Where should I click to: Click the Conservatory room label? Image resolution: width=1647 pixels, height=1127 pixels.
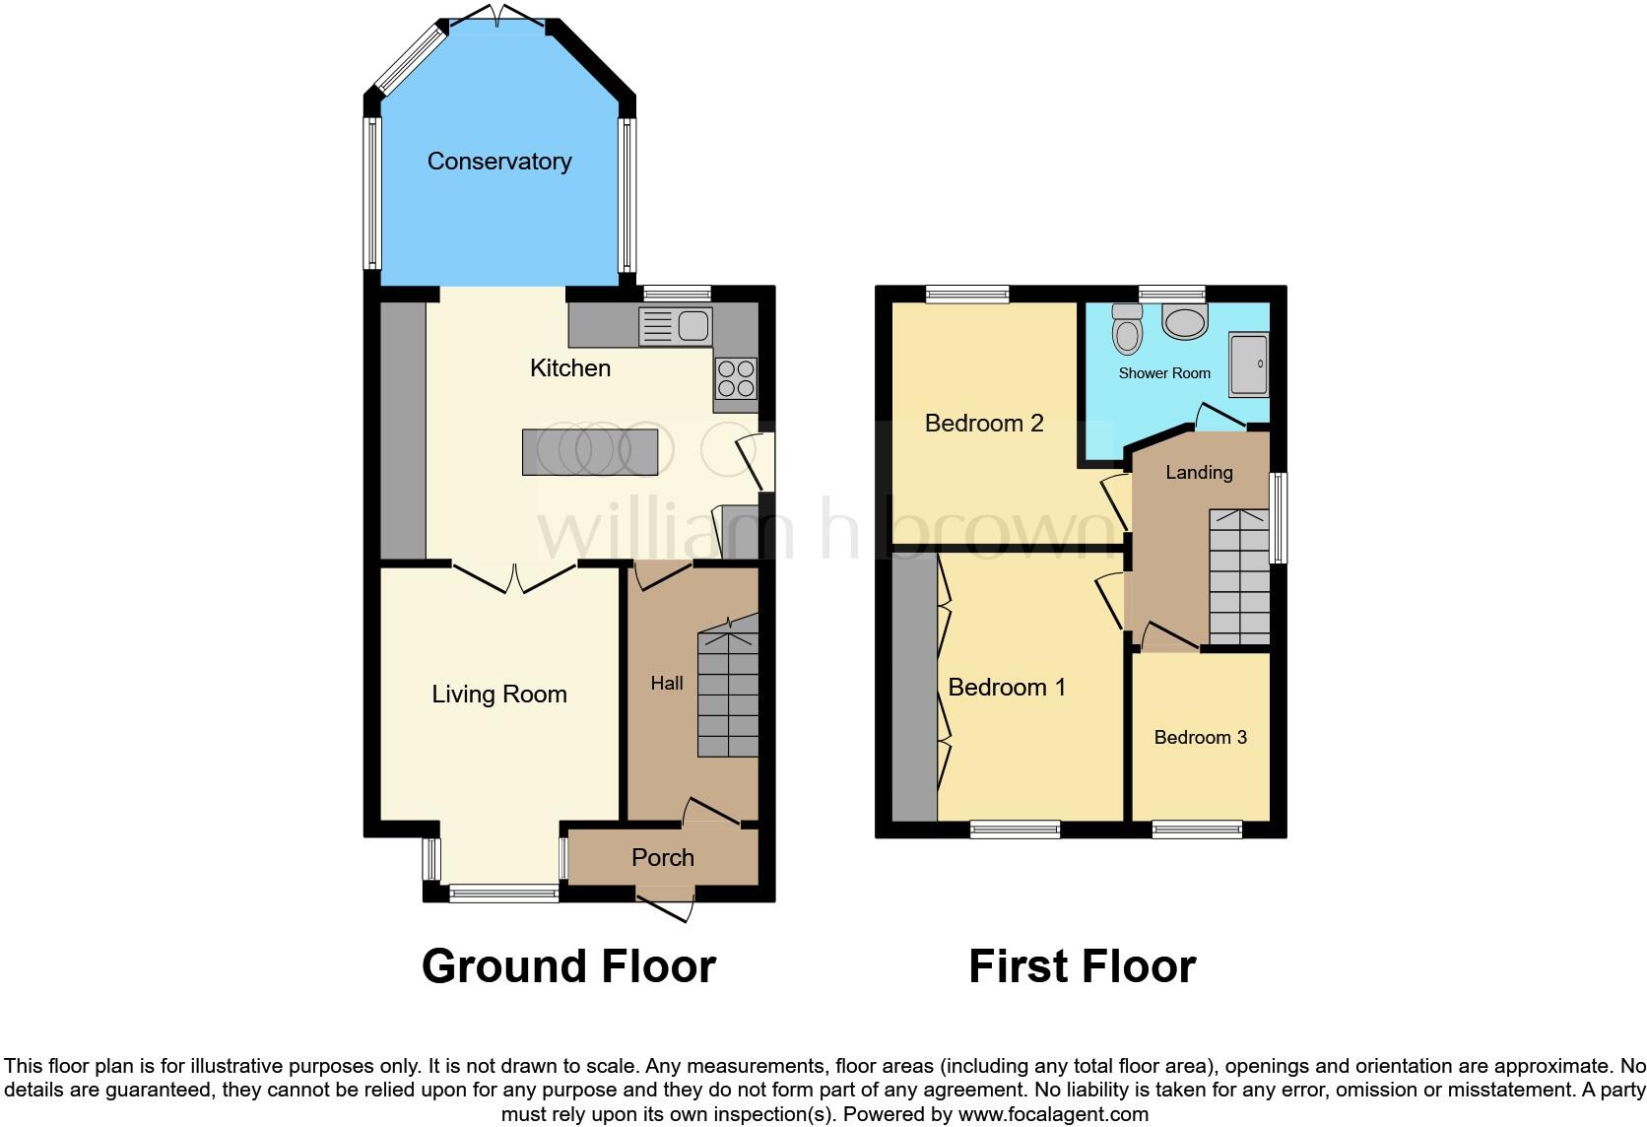pos(499,162)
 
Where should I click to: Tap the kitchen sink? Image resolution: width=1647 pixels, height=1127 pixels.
pos(675,326)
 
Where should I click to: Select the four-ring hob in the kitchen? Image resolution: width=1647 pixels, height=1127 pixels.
pos(736,377)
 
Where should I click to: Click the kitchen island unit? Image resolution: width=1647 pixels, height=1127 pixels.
pos(589,452)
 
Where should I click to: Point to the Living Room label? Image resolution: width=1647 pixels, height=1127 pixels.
pos(499,695)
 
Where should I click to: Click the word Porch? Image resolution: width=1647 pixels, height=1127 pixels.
pos(663,858)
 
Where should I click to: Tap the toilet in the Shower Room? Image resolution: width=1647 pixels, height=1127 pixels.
pos(1127,328)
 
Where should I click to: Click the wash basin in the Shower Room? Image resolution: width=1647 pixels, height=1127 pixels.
pos(1184,320)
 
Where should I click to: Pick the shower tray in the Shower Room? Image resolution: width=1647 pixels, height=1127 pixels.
pos(1248,365)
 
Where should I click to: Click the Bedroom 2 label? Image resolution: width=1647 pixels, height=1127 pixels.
pos(984,424)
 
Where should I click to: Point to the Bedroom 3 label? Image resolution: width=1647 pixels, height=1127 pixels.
pos(1201,737)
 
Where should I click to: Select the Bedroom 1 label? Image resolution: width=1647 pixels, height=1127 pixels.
pos(1007,687)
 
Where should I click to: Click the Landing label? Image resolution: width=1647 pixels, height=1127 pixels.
pos(1199,473)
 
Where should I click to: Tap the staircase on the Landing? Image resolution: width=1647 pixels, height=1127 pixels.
pos(1238,577)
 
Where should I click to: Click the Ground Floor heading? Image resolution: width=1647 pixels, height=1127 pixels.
pos(568,966)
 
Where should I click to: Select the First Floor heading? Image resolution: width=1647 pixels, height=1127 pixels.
pos(1082,966)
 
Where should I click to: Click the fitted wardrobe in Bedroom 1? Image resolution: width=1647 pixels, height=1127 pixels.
pos(915,687)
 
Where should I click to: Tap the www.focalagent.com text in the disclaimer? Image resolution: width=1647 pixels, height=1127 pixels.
pos(1052,1115)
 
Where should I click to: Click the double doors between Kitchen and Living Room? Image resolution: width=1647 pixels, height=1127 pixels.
pos(515,578)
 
